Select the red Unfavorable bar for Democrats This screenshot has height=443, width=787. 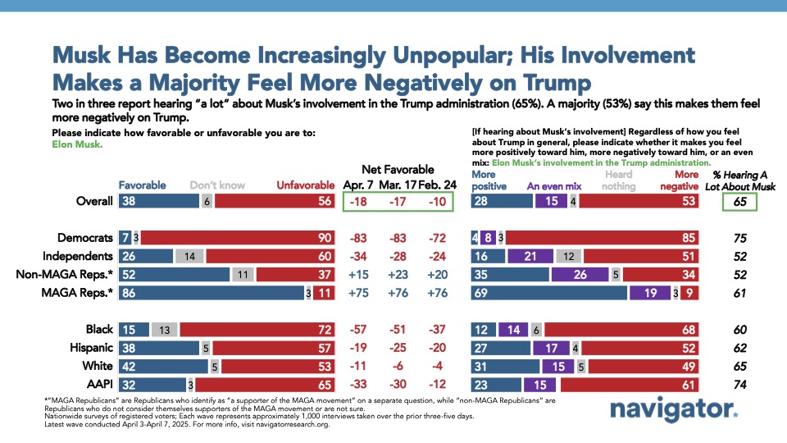coord(234,237)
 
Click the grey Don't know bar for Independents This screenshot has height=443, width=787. coord(189,255)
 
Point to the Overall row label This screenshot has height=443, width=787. coord(93,201)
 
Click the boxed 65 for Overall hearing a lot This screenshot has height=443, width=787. coord(739,201)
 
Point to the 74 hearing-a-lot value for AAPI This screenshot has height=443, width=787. coord(739,383)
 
